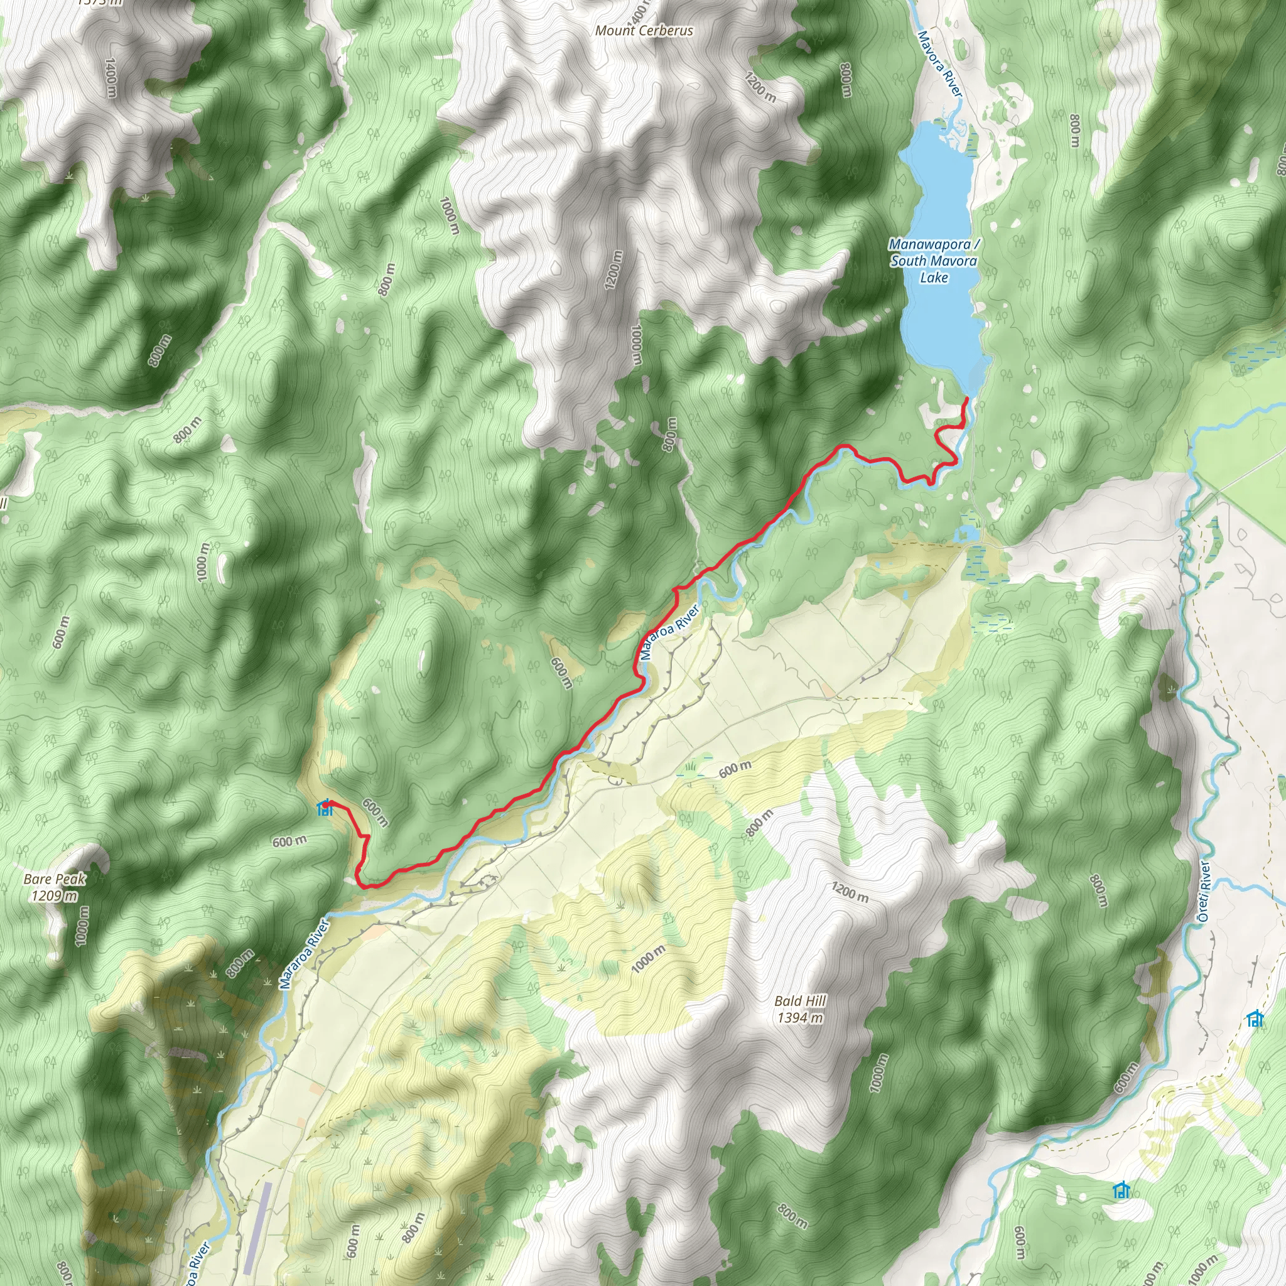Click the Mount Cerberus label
coord(644,31)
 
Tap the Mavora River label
coord(940,64)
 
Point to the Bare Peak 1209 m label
coord(55,887)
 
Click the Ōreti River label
coord(1204,892)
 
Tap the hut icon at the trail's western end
coord(325,808)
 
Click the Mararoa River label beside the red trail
coord(669,632)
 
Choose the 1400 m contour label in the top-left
coord(111,78)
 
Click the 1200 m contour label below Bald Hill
coord(850,892)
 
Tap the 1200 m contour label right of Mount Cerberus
coord(760,87)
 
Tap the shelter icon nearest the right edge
coord(1255,1019)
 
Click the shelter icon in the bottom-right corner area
coord(1121,1190)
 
